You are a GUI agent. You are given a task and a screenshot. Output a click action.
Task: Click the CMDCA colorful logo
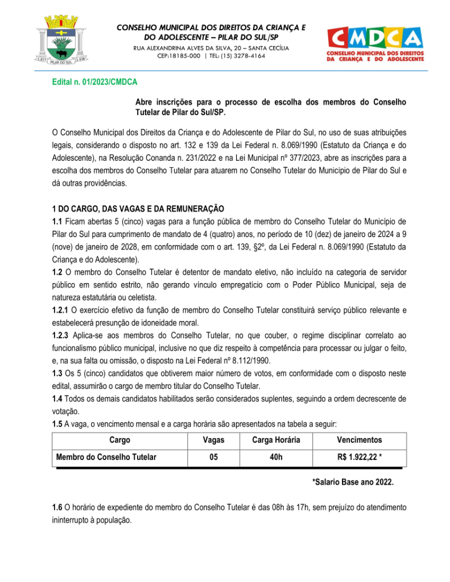[375, 43]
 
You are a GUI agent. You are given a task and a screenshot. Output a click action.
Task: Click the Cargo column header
[119, 440]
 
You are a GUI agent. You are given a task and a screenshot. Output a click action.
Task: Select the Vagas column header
[213, 440]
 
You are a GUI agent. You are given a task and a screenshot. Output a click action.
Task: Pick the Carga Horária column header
[276, 440]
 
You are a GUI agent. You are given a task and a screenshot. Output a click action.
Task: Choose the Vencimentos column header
[359, 440]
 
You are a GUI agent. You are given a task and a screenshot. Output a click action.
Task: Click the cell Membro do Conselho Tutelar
[106, 456]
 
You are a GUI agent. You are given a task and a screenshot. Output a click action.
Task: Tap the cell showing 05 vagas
[213, 456]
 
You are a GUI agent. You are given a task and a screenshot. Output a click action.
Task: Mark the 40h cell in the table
[276, 456]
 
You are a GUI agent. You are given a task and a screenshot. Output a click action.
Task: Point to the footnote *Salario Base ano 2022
[353, 482]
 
